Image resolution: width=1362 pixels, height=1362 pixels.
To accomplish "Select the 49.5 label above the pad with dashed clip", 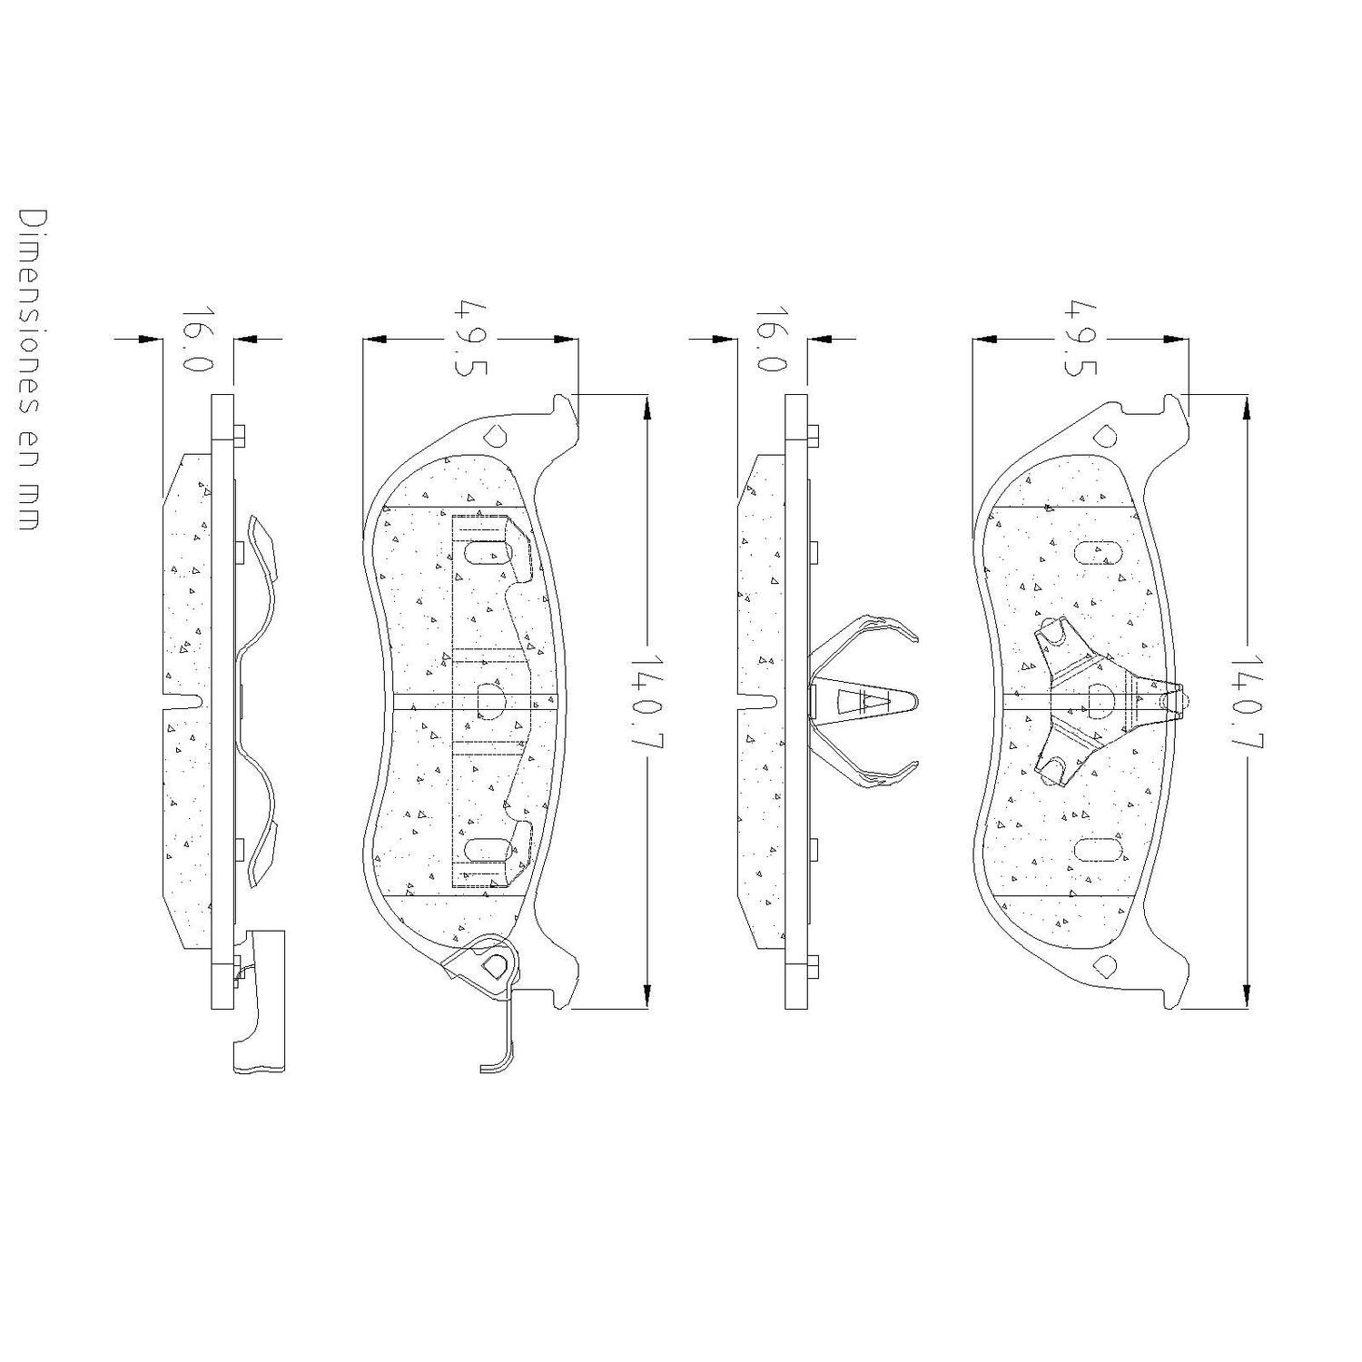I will coord(470,338).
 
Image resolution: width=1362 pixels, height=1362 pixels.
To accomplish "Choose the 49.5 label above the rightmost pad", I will coord(1081,338).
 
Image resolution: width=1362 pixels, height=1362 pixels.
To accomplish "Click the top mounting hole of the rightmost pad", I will coord(1105,435).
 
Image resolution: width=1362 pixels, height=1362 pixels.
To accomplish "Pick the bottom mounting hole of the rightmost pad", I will coord(1105,964).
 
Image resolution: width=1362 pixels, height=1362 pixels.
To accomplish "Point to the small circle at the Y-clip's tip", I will coord(1175,700).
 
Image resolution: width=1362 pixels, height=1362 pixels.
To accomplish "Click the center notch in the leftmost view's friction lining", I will coord(186,700).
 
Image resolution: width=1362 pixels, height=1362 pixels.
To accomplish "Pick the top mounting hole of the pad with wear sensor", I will coord(495,435).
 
